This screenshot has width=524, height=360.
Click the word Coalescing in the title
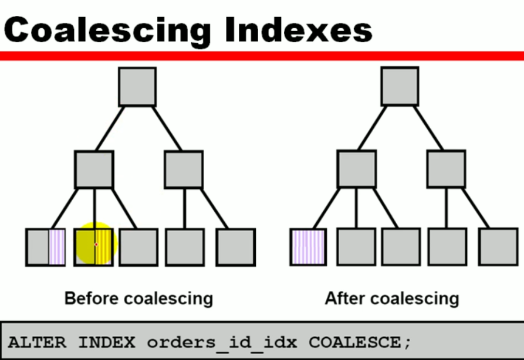tap(107, 29)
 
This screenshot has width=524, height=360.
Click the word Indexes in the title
tap(299, 29)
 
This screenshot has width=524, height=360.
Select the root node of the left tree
tap(137, 87)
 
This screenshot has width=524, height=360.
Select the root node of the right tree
tap(400, 86)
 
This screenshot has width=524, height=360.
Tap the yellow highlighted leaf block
tap(94, 247)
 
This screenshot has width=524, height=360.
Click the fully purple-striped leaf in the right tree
tap(307, 247)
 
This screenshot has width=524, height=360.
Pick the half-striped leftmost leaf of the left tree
tap(45, 247)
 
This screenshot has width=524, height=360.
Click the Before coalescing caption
tap(138, 298)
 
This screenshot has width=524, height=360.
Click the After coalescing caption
tap(392, 298)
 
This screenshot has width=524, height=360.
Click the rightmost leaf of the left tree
tap(235, 247)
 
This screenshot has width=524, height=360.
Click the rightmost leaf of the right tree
tap(498, 247)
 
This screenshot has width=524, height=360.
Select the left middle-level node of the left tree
tap(94, 169)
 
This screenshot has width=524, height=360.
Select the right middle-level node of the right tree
tap(446, 169)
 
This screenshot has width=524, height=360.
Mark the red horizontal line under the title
tap(262, 56)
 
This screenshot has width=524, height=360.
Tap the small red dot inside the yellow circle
tap(96, 244)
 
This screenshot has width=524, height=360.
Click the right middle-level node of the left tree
tap(184, 169)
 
